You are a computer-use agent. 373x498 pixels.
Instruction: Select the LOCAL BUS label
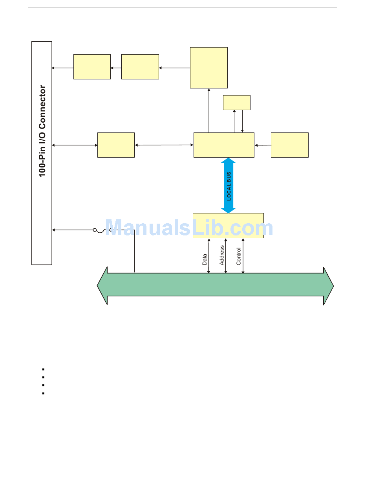[229, 186]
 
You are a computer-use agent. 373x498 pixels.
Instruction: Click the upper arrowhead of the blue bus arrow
[228, 161]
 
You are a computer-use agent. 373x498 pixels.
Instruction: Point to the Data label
[205, 259]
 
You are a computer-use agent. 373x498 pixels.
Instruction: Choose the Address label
[222, 255]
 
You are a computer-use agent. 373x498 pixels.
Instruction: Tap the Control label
[239, 256]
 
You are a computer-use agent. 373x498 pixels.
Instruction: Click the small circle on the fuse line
[95, 230]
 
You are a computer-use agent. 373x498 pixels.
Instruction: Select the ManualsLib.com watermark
[189, 228]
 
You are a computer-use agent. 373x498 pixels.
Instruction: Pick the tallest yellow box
[209, 68]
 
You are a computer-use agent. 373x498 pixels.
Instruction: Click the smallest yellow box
[236, 103]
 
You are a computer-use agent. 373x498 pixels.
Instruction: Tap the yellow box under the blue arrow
[228, 226]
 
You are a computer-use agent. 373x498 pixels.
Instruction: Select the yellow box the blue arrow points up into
[224, 145]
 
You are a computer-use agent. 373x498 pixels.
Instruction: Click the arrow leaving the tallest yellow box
[174, 68]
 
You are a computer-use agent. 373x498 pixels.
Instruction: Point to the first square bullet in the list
[43, 369]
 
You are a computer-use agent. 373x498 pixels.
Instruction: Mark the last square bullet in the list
[43, 393]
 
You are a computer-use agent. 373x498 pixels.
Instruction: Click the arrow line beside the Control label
[243, 255]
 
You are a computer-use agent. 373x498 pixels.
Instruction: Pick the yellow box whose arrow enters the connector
[92, 67]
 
